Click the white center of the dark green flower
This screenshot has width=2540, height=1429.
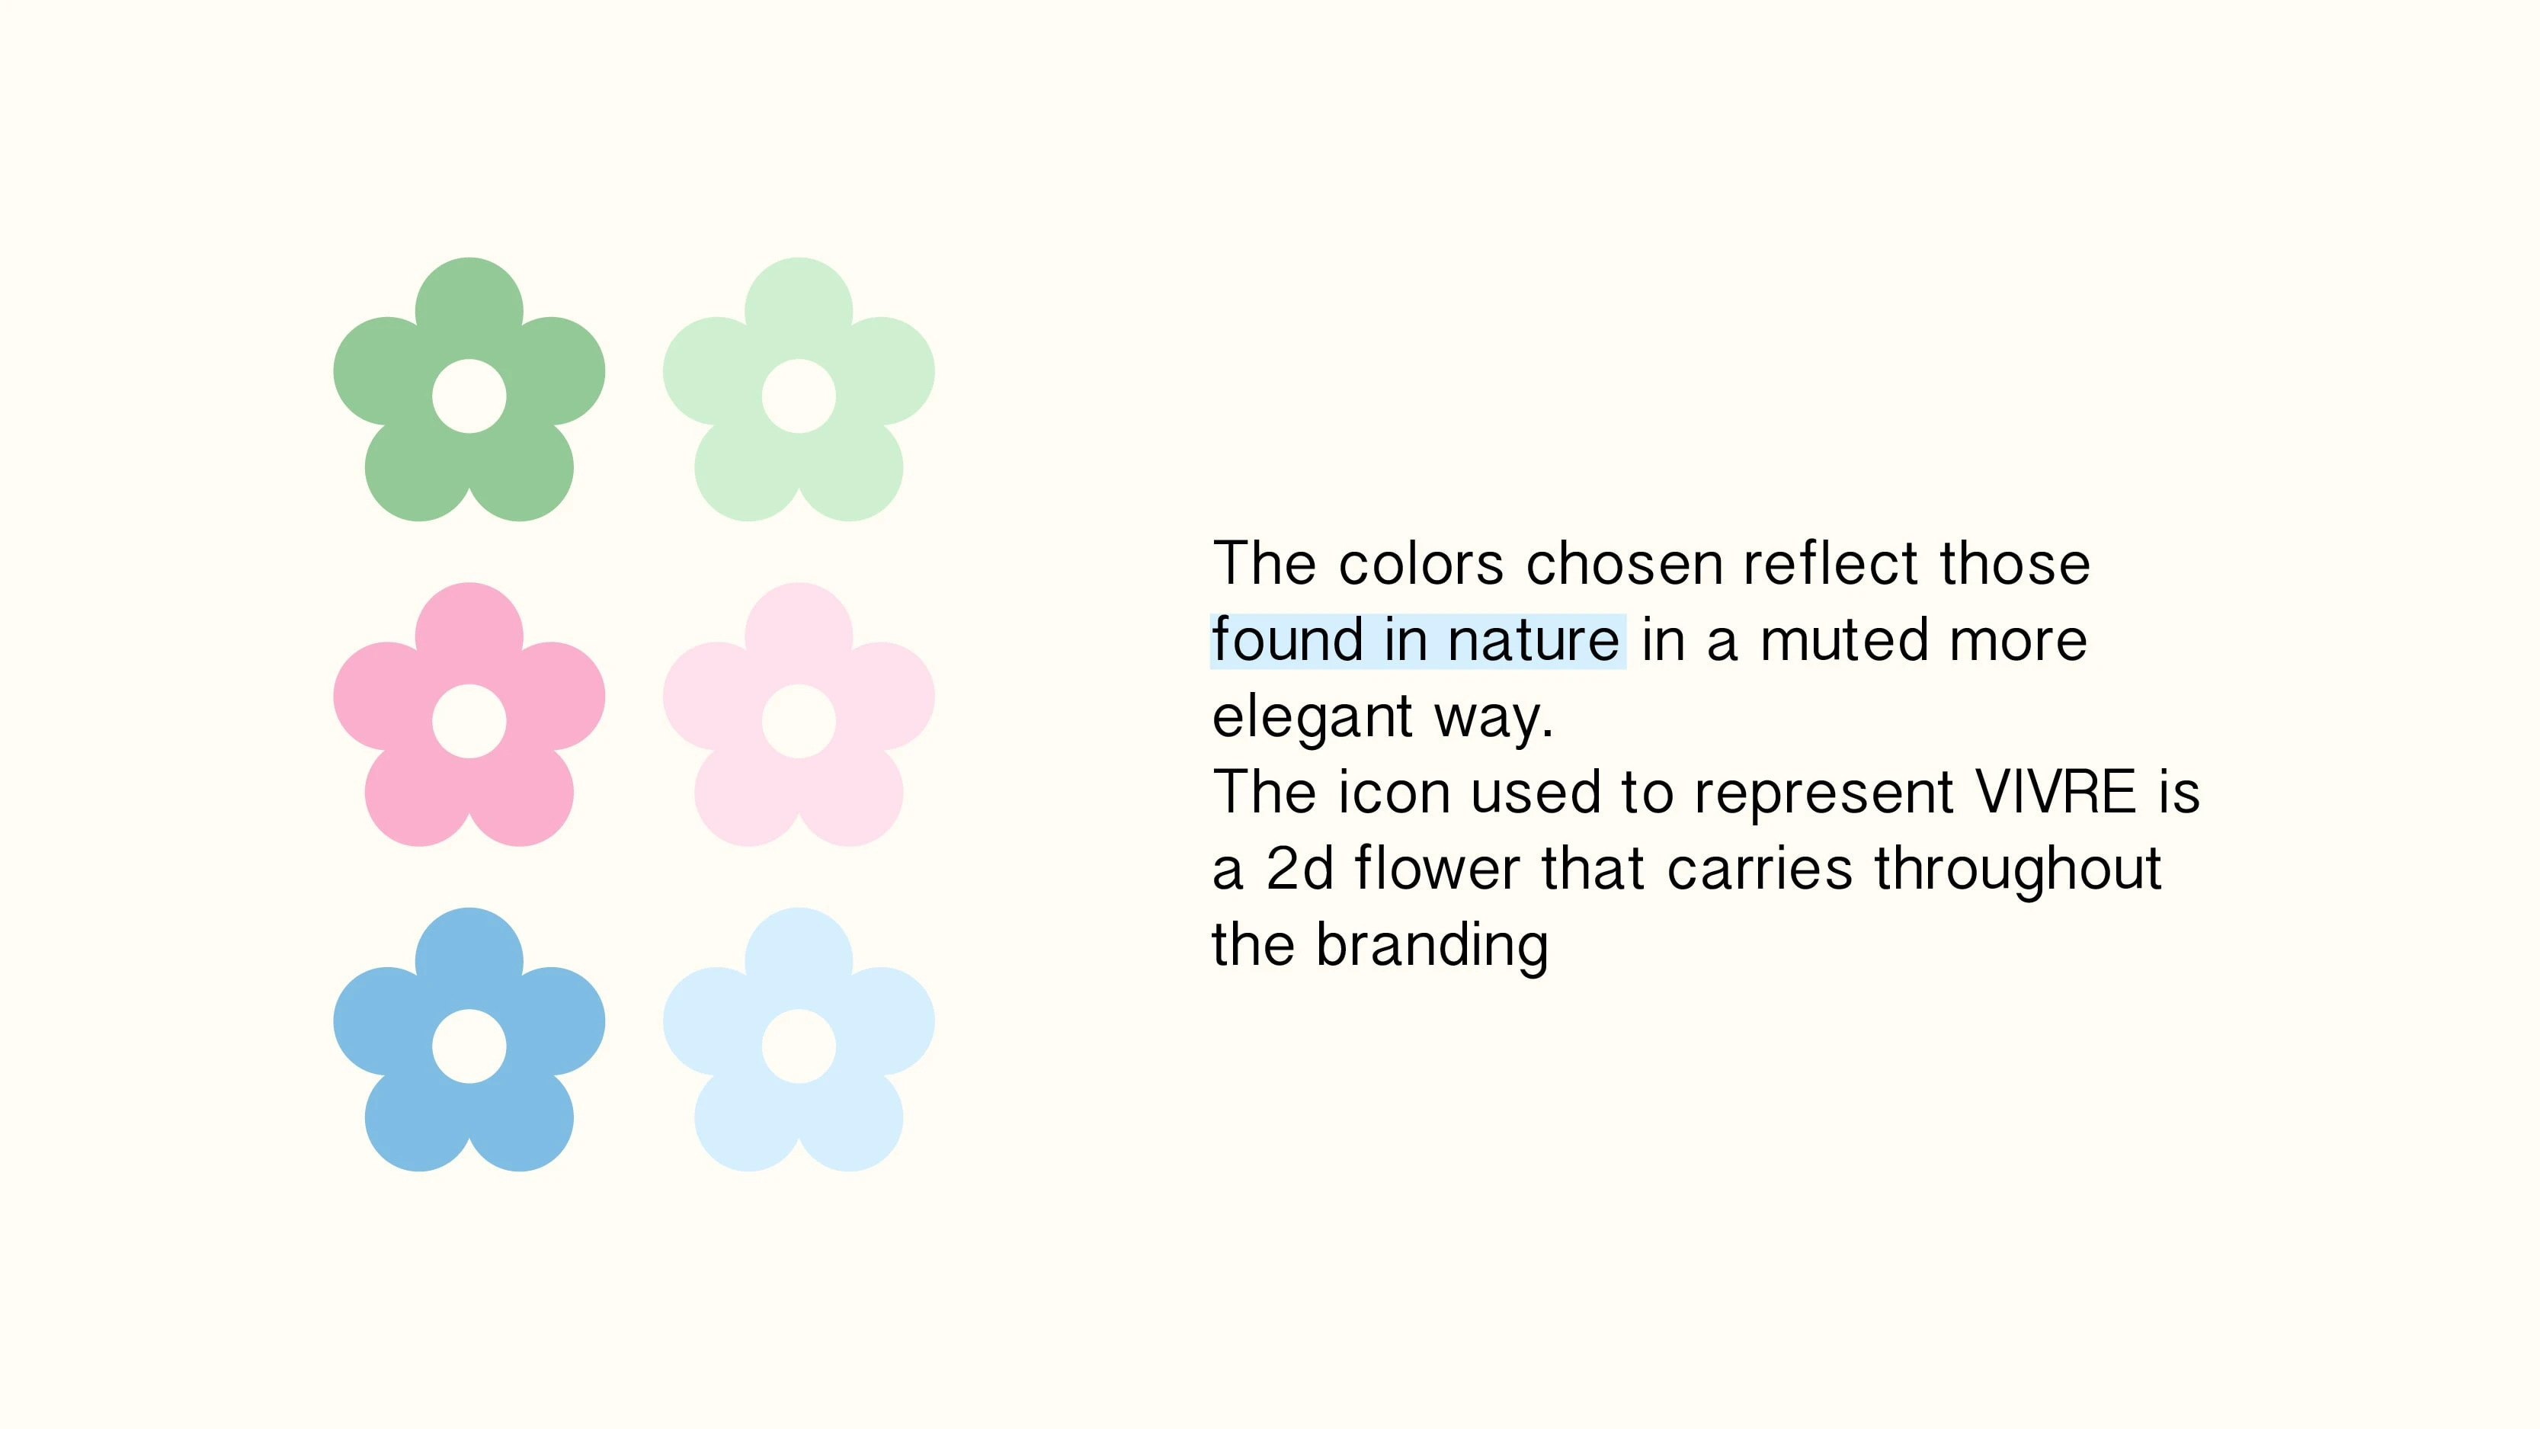point(469,396)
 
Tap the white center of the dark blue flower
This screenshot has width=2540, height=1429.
point(469,1046)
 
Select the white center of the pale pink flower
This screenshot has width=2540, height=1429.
point(799,721)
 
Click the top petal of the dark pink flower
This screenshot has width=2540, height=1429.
point(469,631)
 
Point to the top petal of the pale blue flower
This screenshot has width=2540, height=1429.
point(799,956)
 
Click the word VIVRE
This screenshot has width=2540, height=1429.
point(2056,792)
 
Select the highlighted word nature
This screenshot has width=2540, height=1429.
point(1533,640)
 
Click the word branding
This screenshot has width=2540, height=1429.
point(1432,946)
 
